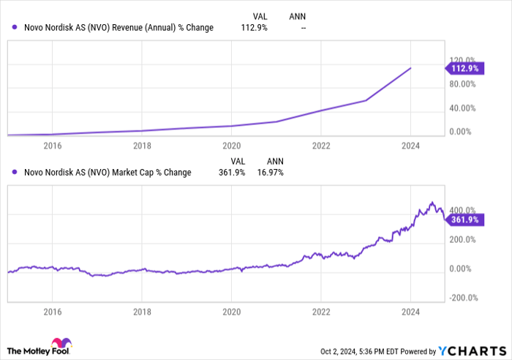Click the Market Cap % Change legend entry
click(108, 173)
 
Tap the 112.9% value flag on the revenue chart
click(463, 69)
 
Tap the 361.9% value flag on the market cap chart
click(463, 219)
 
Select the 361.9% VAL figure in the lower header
click(236, 173)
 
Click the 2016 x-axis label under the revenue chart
click(52, 145)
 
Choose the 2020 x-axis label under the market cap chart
click(231, 312)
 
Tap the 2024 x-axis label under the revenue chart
click(410, 145)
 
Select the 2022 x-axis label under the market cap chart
click(321, 312)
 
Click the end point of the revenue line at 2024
click(410, 68)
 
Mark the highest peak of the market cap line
click(432, 202)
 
